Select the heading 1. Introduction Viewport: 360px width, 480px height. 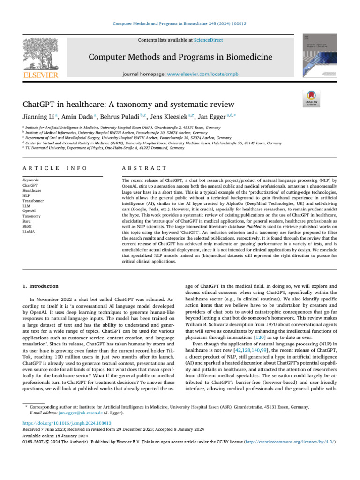click(x=41, y=286)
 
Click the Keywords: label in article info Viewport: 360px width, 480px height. click(x=31, y=180)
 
